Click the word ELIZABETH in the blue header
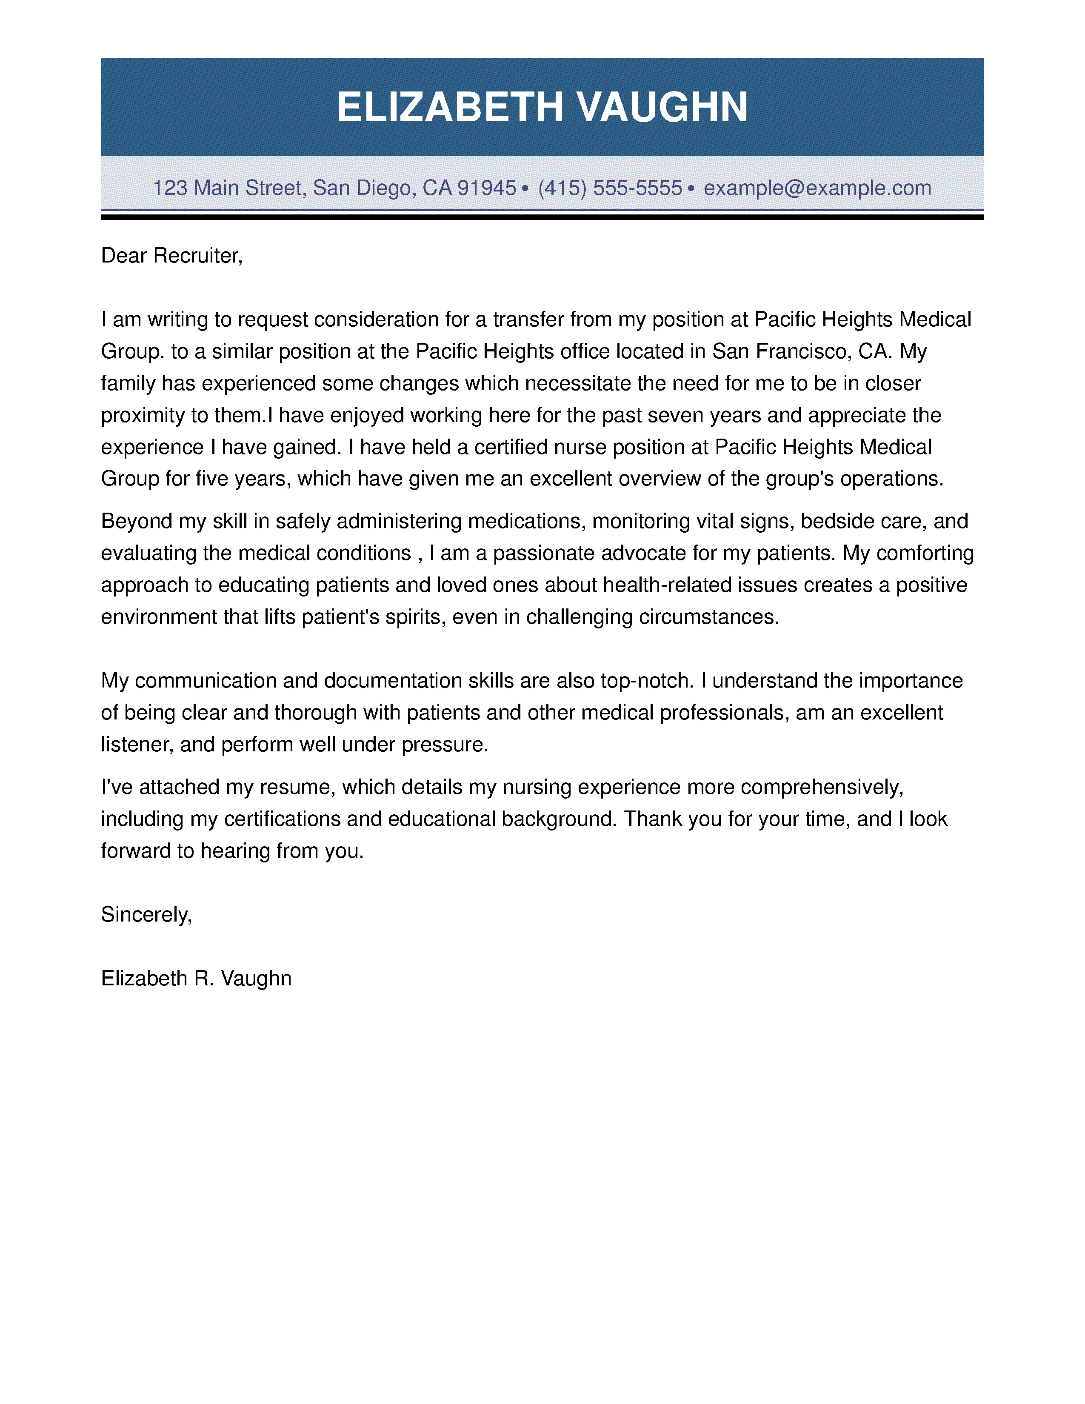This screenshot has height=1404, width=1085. point(450,107)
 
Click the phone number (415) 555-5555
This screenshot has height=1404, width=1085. point(609,188)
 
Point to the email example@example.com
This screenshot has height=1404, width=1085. point(817,188)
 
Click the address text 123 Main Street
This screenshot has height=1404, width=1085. point(228,188)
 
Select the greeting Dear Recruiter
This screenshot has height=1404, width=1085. point(171,256)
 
